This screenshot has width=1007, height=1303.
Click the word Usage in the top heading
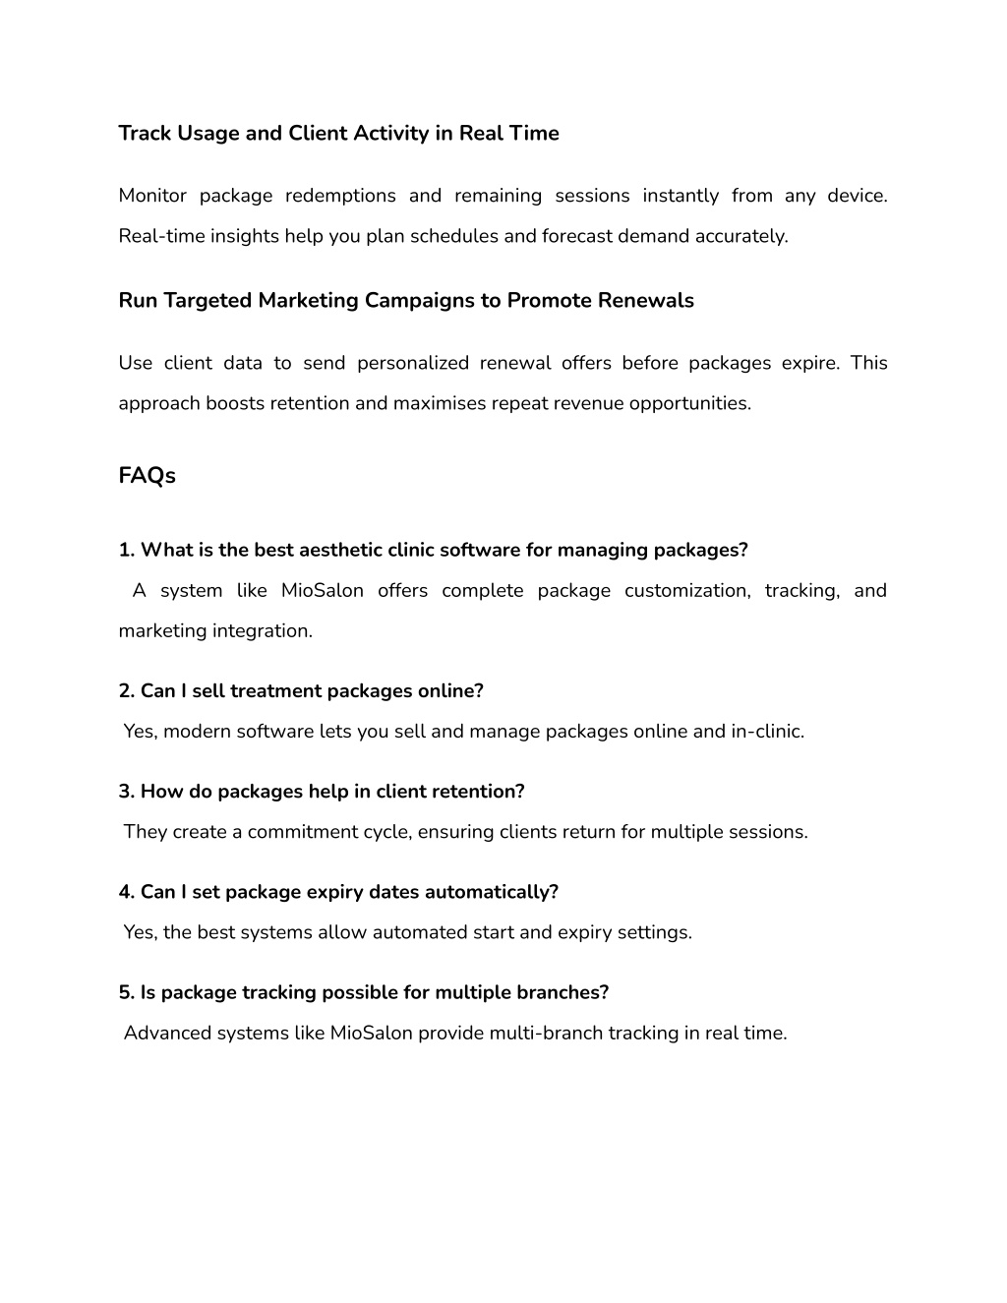pyautogui.click(x=207, y=134)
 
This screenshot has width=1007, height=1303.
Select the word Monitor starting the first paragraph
pyautogui.click(x=152, y=196)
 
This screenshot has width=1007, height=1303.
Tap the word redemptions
pyautogui.click(x=340, y=196)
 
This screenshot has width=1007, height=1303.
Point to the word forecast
pyautogui.click(x=577, y=236)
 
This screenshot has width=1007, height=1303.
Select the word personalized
pyautogui.click(x=412, y=363)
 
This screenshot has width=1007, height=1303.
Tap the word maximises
pyautogui.click(x=441, y=403)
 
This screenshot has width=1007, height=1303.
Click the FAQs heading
pyautogui.click(x=147, y=476)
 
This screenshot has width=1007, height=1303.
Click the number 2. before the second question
pyautogui.click(x=127, y=691)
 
